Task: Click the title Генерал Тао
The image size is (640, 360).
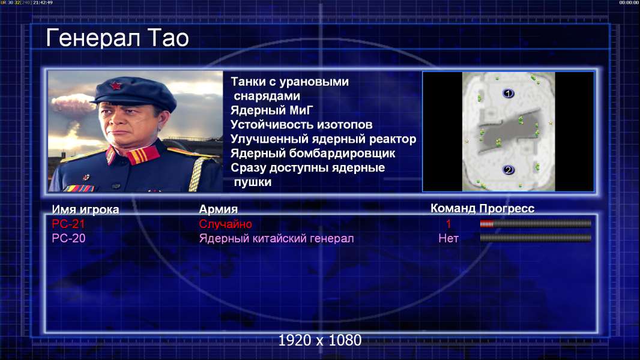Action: point(117,38)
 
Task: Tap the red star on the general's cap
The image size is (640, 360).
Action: point(116,86)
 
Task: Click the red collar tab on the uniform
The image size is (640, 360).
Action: point(142,155)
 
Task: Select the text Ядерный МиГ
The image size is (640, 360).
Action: point(272,110)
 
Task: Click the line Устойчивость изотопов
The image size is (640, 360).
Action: point(301,125)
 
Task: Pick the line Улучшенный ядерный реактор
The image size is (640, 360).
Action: point(323,139)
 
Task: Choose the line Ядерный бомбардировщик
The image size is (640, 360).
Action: point(313,153)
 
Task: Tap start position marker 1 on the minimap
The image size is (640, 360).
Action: point(508,94)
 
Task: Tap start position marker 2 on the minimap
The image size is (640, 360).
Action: point(508,170)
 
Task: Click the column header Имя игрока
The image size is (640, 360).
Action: point(85,209)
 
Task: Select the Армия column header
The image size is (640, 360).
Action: point(219,209)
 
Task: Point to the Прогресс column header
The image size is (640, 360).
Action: point(507,209)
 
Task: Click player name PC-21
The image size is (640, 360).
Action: point(68,224)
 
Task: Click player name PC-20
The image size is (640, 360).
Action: point(68,238)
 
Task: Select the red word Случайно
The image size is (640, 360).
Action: point(225,224)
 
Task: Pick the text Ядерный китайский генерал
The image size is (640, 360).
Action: point(276,238)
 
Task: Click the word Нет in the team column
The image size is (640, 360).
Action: point(448,238)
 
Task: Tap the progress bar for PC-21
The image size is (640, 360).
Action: point(536,223)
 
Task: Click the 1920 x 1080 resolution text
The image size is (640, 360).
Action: point(320,340)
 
